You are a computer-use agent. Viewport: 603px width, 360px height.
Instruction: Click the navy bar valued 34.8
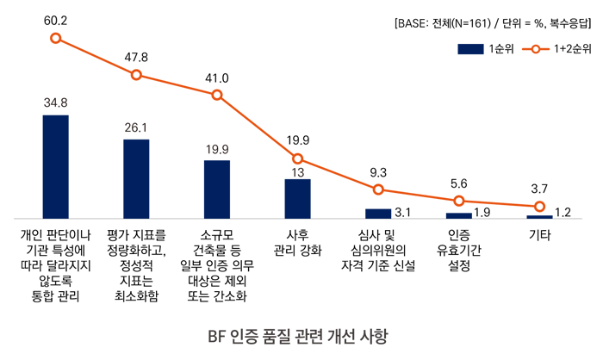55,166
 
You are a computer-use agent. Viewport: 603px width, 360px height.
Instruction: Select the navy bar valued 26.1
136,178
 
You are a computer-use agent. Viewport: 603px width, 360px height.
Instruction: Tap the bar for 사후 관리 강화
297,198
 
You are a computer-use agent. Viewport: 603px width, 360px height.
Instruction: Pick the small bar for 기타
539,216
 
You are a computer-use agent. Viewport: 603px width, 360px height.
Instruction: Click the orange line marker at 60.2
55,38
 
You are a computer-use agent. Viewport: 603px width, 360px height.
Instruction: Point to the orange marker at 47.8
136,75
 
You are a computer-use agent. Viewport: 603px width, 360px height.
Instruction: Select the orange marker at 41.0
217,95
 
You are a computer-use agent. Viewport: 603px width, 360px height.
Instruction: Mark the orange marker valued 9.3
378,189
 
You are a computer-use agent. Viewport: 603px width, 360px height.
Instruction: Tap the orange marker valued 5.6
458,201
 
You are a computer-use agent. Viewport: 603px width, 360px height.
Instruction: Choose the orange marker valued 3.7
539,207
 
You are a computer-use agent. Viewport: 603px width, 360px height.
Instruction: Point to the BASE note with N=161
493,23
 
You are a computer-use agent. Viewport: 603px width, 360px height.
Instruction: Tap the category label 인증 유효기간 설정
458,250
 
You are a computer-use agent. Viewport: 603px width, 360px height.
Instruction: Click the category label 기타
539,234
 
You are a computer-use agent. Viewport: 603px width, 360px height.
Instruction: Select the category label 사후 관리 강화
297,242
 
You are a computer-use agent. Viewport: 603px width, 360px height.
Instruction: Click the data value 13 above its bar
297,171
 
